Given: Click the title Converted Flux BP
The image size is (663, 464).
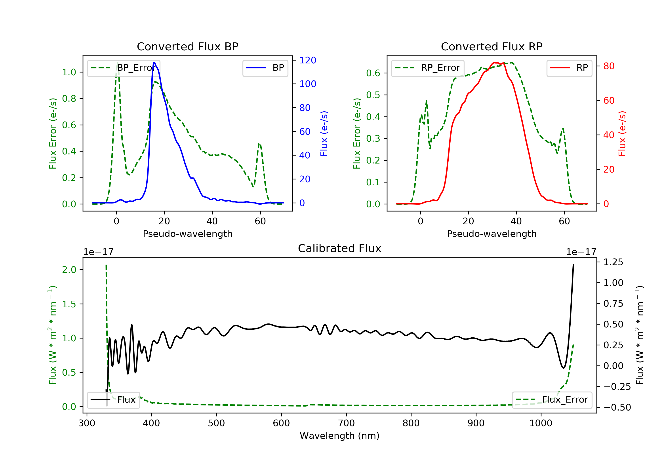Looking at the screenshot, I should [x=187, y=46].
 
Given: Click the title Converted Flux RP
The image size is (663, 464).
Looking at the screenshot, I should [x=492, y=46].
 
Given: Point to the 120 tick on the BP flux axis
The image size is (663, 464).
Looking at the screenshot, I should [x=308, y=60].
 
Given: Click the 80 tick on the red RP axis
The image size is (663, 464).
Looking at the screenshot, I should [x=609, y=66].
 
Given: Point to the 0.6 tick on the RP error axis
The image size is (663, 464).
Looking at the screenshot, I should [x=373, y=73].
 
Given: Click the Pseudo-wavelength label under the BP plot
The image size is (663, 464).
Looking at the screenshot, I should [x=187, y=234].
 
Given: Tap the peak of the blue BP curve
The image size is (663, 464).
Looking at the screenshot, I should [x=154, y=63].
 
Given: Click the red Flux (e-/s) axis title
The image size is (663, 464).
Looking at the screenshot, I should [x=622, y=133].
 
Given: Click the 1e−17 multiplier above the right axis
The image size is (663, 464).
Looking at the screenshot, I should [x=581, y=252].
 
